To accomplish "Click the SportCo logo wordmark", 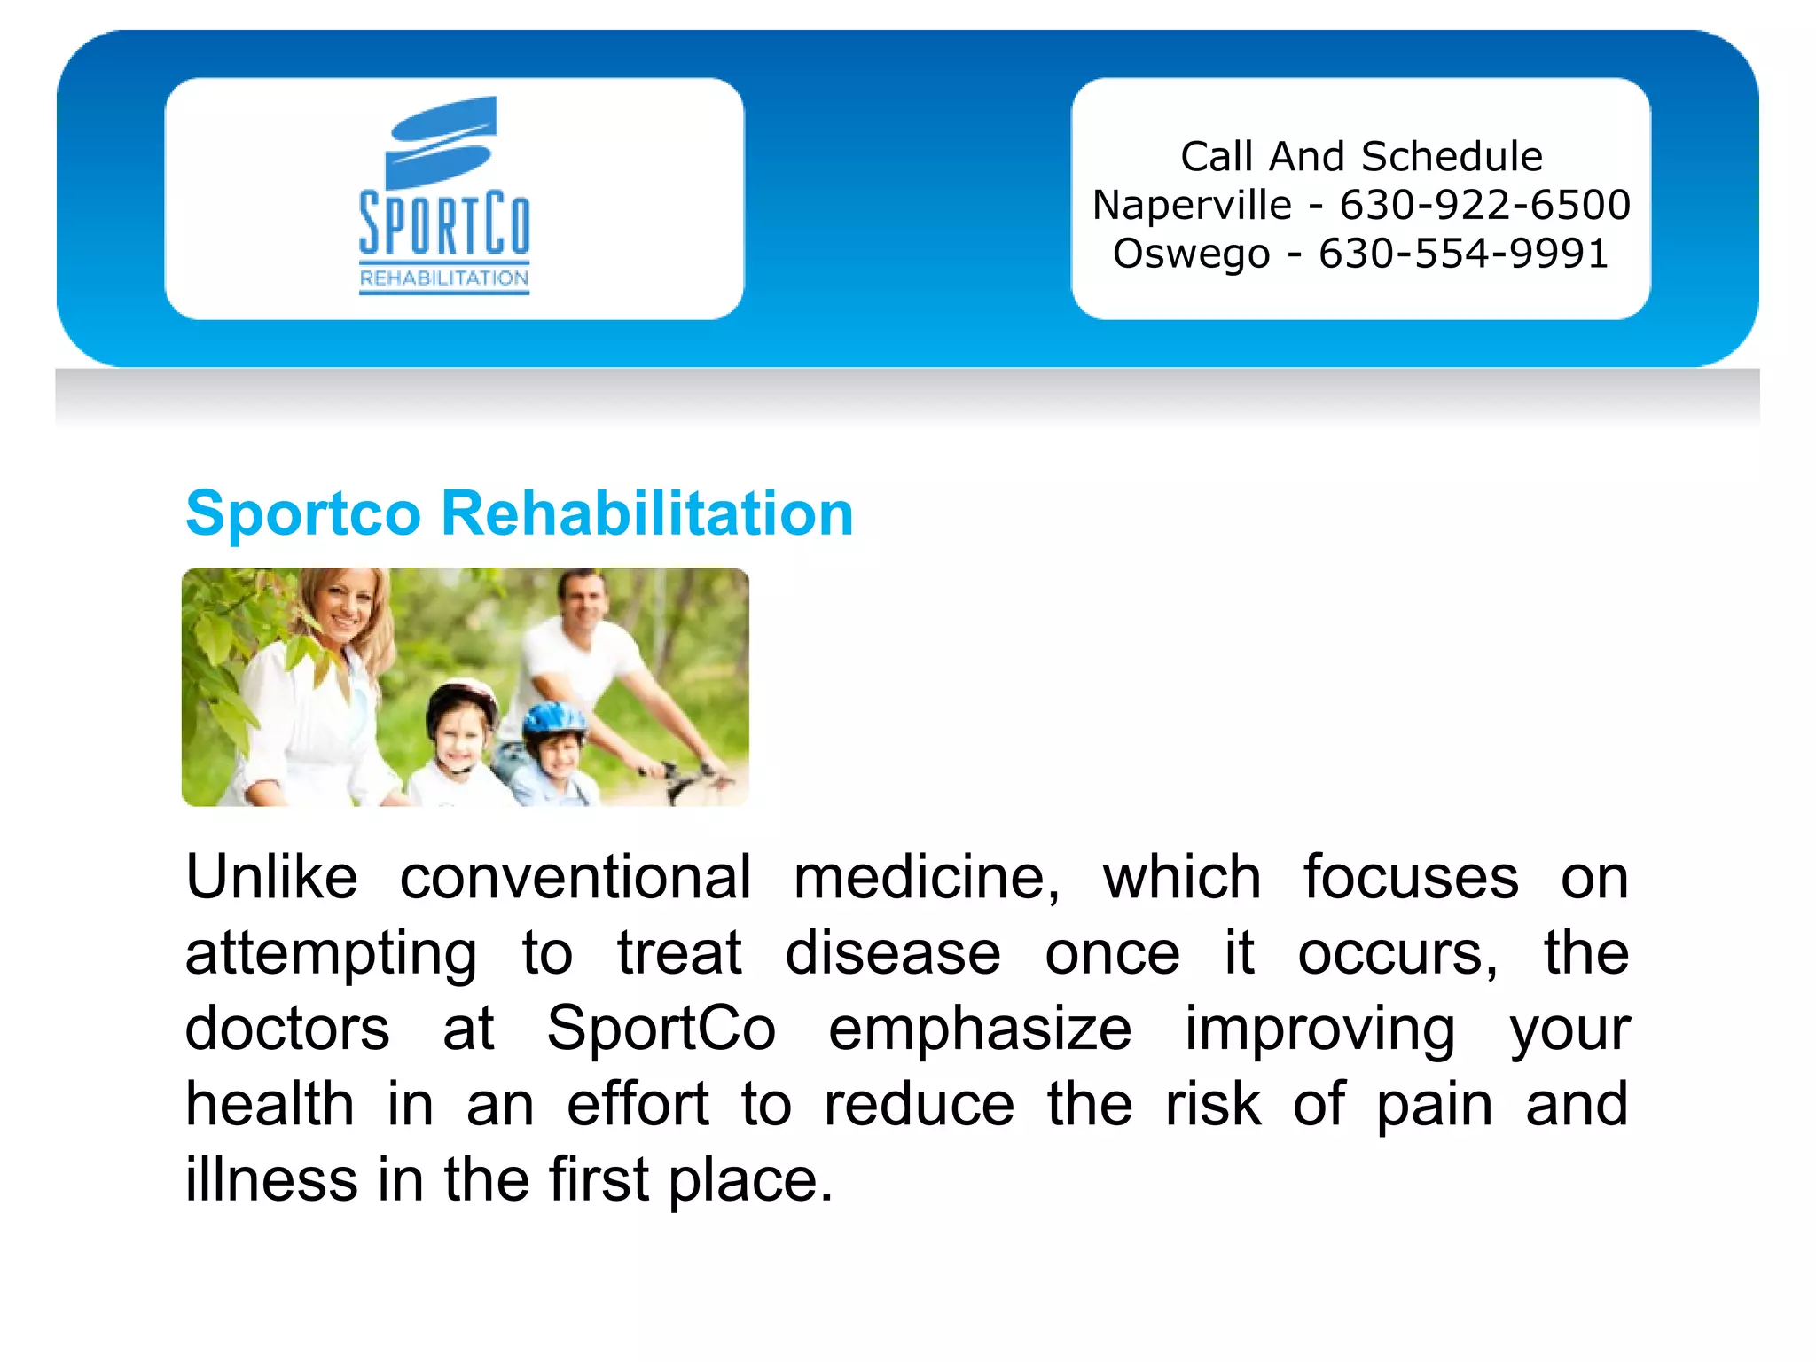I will coord(444,223).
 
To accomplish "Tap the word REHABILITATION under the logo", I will coord(444,278).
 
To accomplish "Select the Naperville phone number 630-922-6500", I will coord(1484,205).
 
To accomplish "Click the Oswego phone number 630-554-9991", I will coord(1463,254).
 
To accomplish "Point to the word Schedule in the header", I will coord(1452,157).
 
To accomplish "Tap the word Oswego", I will coord(1191,254).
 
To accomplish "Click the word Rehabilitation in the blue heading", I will coord(646,513).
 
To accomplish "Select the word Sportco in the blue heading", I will coord(302,514).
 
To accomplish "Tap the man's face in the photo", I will coord(585,600).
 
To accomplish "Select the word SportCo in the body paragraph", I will coord(661,1029).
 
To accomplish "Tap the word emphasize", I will coord(980,1029).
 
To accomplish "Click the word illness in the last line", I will coord(271,1179).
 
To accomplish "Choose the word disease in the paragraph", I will coord(893,953).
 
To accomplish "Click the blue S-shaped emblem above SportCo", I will coord(441,142).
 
